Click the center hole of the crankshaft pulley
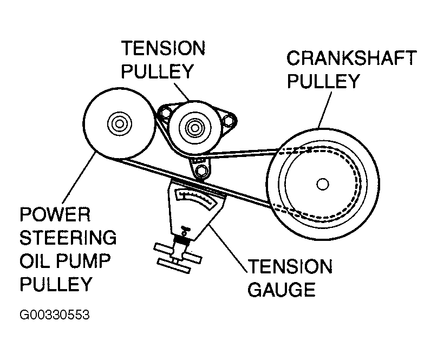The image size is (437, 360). pyautogui.click(x=323, y=185)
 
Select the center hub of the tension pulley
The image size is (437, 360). pyautogui.click(x=192, y=128)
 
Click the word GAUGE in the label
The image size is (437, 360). pyautogui.click(x=281, y=289)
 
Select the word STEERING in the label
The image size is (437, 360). pyautogui.click(x=68, y=238)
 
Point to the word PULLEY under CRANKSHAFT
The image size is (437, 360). pyautogui.click(x=323, y=81)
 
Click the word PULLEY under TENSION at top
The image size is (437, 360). pyautogui.click(x=158, y=71)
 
